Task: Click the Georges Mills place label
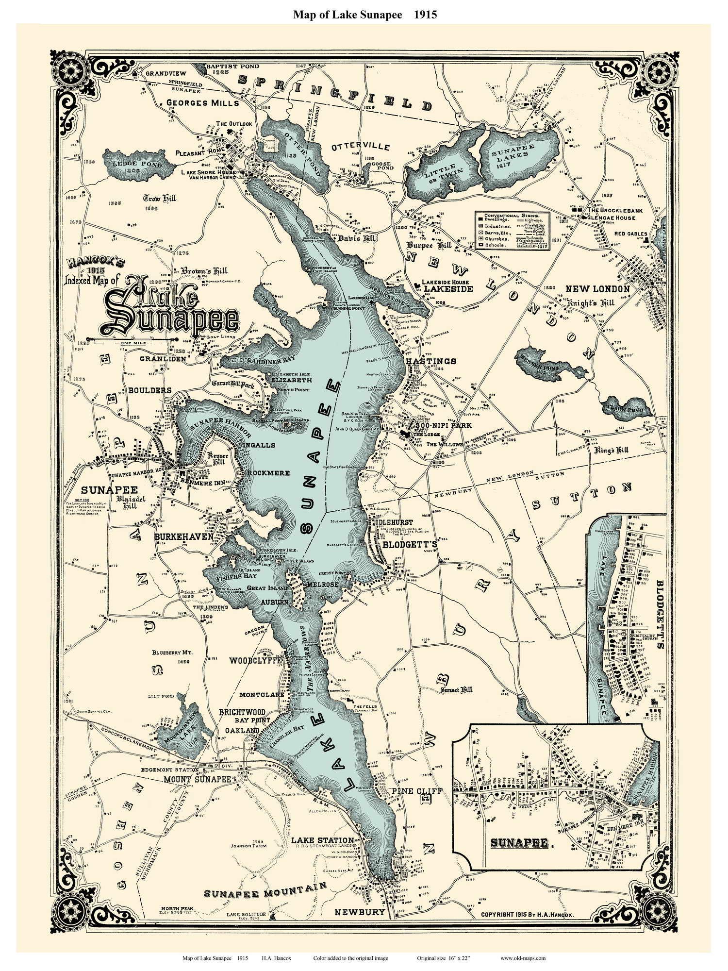click(x=202, y=103)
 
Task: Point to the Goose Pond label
click(x=381, y=167)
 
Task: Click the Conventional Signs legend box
click(x=511, y=230)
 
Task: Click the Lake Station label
click(x=322, y=840)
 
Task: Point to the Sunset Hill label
click(x=456, y=689)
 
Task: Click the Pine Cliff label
click(x=416, y=791)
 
